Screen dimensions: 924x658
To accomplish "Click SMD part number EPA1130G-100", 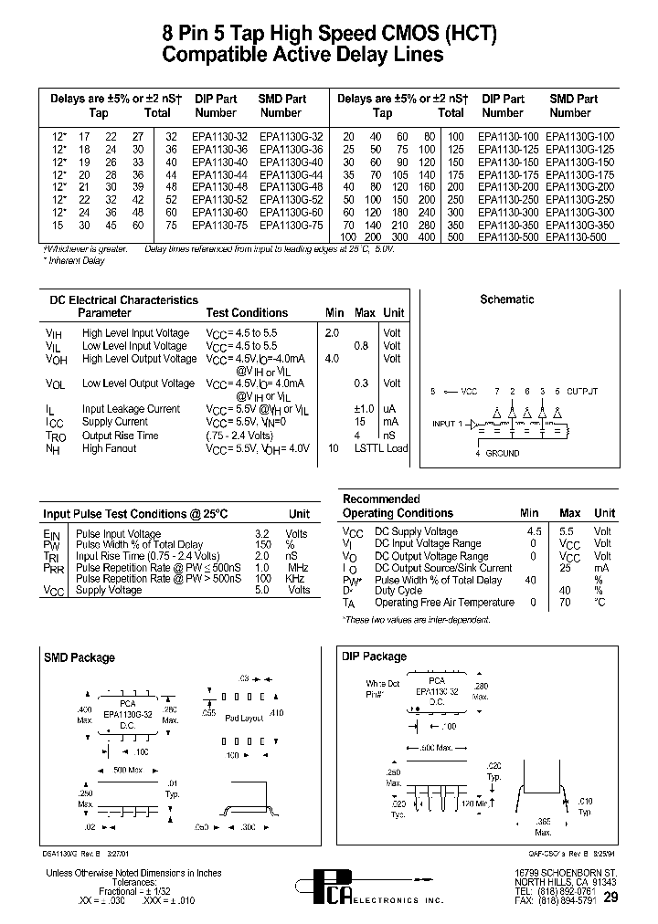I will click(579, 136).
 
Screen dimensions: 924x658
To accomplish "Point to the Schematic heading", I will click(506, 299).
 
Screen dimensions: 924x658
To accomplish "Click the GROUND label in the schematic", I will click(502, 453).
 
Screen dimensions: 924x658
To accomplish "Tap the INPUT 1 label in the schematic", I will click(448, 424).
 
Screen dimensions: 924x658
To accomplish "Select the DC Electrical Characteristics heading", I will click(122, 299).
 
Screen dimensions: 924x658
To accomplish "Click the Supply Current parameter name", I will click(114, 422).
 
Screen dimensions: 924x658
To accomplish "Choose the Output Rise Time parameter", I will click(120, 436).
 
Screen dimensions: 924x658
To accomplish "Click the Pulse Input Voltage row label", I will click(118, 534).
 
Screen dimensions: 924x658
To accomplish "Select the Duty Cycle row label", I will click(400, 591).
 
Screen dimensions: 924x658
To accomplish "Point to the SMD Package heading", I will click(80, 657).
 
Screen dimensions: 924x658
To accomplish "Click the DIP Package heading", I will click(374, 656).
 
